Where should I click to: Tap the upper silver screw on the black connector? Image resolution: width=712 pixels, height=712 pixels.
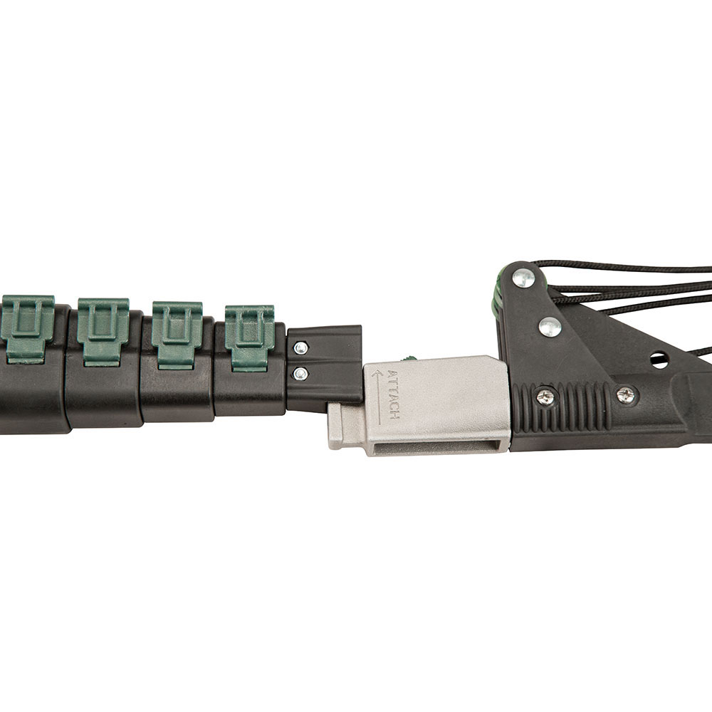[300, 348]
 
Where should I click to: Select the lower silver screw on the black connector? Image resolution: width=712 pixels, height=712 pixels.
[300, 375]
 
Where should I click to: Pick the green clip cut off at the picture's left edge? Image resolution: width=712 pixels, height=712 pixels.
[26, 328]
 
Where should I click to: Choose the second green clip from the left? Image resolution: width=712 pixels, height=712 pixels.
[103, 330]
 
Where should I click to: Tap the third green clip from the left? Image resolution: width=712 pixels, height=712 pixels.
[177, 334]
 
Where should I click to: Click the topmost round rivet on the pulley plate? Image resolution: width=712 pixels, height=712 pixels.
[523, 278]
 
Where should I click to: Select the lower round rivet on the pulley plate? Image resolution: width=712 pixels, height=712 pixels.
[550, 328]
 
